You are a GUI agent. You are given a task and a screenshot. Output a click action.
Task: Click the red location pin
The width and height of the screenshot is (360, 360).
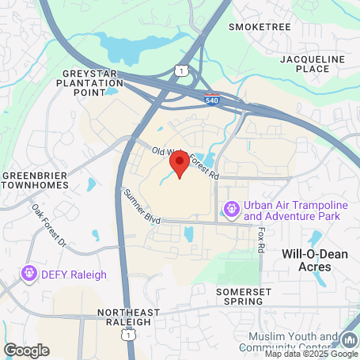pos(179,165)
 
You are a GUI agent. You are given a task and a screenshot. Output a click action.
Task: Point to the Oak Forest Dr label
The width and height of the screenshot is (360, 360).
pos(50,225)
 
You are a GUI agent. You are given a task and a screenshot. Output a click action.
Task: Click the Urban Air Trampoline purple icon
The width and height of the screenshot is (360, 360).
pos(232,210)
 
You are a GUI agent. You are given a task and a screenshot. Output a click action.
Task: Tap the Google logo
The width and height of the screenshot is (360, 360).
pos(27,349)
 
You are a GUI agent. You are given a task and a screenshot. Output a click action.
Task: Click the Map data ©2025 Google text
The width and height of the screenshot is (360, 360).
pos(309,354)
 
